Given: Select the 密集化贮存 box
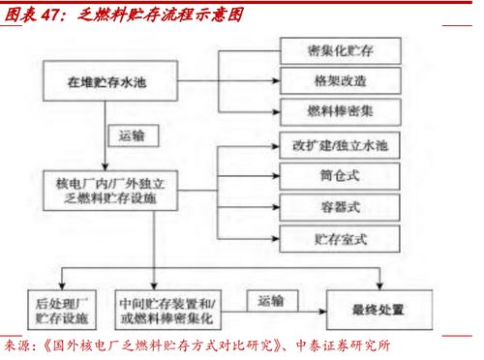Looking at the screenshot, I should tap(340, 48).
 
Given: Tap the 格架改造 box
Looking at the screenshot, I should tap(340, 76).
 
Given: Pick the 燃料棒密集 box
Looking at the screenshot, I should tap(340, 107).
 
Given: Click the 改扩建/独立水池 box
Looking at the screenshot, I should tap(340, 146).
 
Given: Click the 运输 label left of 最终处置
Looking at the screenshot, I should tap(273, 302).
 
